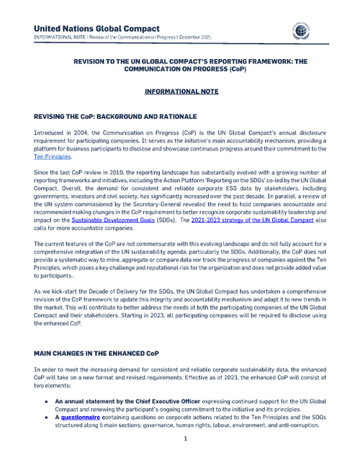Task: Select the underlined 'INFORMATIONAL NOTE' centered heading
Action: click(179, 92)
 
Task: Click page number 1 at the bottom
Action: click(185, 438)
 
